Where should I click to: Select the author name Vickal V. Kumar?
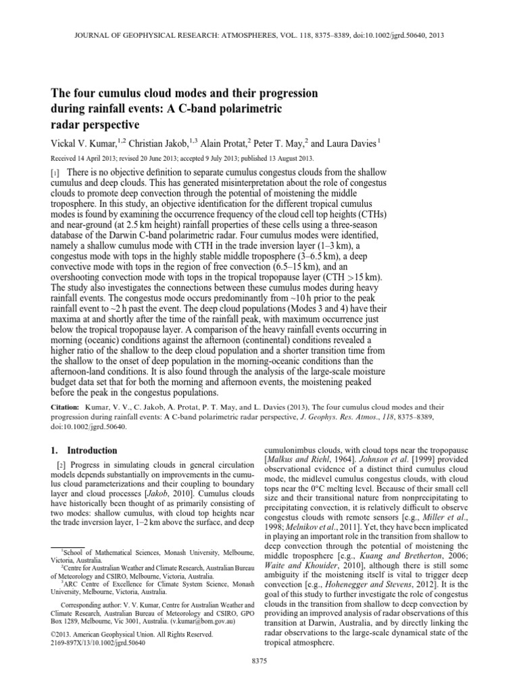(x=84, y=144)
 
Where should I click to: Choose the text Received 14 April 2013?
(x=91, y=159)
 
